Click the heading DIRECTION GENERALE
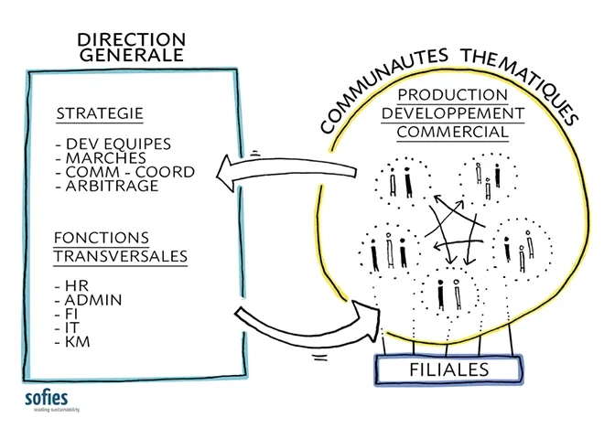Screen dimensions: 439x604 (x=131, y=47)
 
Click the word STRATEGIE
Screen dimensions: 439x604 (x=101, y=114)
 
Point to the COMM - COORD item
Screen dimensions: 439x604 (x=125, y=171)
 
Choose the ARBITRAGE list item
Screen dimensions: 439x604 (x=108, y=185)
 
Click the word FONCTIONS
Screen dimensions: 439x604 (x=101, y=239)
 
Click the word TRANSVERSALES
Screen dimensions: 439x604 (x=120, y=257)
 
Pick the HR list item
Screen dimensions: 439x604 (x=71, y=284)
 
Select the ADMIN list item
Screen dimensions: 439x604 (x=89, y=299)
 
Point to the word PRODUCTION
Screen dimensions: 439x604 (x=452, y=95)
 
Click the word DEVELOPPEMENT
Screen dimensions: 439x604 (x=459, y=113)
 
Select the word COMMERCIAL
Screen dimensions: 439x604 (x=453, y=132)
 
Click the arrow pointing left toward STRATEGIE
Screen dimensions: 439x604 (x=275, y=170)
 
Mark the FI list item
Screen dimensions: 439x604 (x=70, y=313)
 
